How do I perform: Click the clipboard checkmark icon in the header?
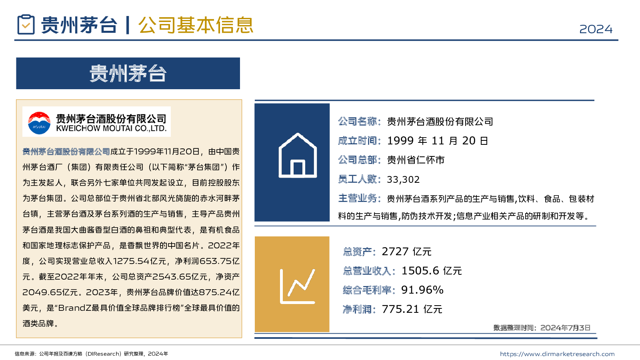tap(26, 25)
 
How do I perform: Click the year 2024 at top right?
tap(596, 29)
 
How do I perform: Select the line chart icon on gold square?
tap(297, 286)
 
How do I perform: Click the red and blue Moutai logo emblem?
tap(39, 122)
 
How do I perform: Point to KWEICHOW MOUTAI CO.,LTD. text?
tap(111, 129)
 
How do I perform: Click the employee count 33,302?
tap(403, 180)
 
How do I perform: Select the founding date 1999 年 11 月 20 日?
tap(437, 141)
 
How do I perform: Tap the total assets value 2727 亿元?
tap(406, 252)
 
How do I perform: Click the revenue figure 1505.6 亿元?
tap(432, 271)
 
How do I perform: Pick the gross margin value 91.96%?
tap(422, 290)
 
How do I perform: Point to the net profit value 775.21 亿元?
tap(412, 309)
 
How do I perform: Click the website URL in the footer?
tap(557, 354)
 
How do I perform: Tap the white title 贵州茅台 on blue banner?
tap(128, 74)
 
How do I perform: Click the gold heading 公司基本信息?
tap(196, 25)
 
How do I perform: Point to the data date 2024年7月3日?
tap(565, 328)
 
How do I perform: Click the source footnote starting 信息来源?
tap(91, 354)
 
